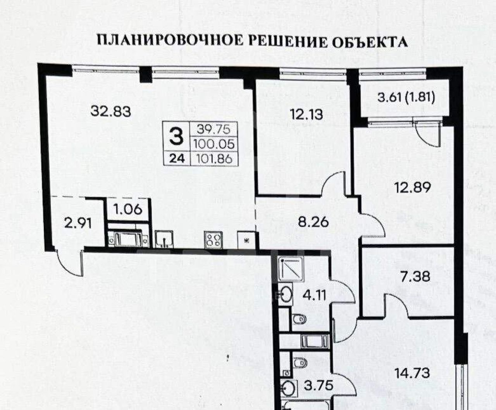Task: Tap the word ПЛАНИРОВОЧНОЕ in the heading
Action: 170,40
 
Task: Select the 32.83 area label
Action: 111,112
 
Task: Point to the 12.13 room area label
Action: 307,115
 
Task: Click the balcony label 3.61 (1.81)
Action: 406,97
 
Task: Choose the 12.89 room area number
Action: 412,187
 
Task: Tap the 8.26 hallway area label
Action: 313,222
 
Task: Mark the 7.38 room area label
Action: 415,277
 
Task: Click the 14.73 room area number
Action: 412,373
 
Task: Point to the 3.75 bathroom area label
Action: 318,386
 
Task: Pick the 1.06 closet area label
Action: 127,209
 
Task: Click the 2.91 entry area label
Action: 78,223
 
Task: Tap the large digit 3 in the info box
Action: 176,137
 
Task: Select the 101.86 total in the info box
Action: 214,159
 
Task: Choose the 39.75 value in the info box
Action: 214,130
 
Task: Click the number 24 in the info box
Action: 177,159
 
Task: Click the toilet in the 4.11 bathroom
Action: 299,319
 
